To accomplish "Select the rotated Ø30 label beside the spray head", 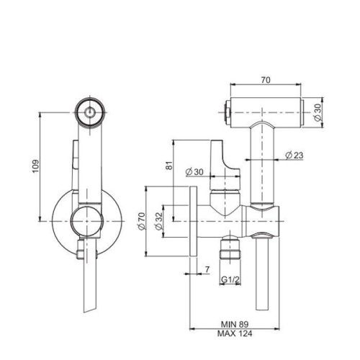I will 317,112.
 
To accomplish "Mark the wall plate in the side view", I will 193,222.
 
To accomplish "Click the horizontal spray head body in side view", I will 266,112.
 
